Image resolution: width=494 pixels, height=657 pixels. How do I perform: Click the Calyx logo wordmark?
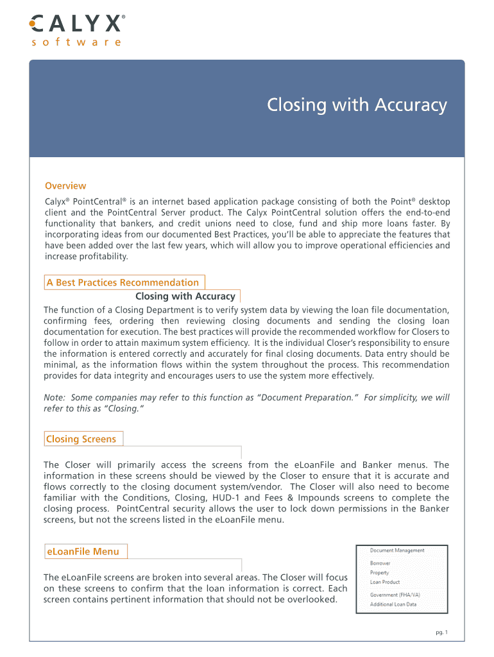[x=76, y=25]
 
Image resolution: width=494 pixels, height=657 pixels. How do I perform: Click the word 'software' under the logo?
[x=76, y=42]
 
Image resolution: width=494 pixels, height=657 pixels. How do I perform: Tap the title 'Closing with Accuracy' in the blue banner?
[x=357, y=105]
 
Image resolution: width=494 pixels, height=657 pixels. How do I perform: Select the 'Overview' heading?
[x=65, y=186]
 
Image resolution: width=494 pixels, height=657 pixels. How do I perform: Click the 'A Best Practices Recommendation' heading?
[x=123, y=282]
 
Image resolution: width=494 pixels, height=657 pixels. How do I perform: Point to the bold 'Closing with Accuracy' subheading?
[x=185, y=296]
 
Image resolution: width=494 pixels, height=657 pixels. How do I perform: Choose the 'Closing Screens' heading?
[x=81, y=439]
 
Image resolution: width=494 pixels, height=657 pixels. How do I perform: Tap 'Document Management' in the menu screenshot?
[x=396, y=550]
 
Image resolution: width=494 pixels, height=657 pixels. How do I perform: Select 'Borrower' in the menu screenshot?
[x=380, y=563]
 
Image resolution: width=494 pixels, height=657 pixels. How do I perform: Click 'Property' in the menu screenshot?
[x=379, y=573]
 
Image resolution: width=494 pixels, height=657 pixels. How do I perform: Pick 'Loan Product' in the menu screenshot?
[x=384, y=583]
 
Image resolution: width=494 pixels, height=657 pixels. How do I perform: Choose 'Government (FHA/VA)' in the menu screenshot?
[x=395, y=595]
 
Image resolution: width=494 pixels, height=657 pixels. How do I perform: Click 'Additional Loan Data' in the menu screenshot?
[x=393, y=604]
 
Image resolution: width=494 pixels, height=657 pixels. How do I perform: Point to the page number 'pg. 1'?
[x=441, y=633]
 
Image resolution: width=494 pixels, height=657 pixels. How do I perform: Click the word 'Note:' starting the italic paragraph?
[x=55, y=398]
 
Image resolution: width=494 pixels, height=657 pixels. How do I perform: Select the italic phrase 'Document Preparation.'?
[x=303, y=398]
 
